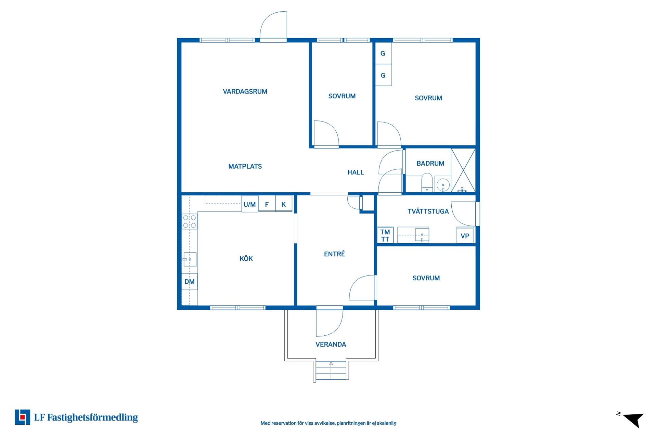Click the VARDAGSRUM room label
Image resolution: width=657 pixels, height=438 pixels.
[245, 91]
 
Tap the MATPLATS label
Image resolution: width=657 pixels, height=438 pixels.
[245, 166]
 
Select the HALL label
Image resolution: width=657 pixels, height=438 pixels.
[356, 172]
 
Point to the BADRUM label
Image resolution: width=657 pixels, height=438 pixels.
[430, 163]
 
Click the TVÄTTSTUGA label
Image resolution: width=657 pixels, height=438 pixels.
[428, 211]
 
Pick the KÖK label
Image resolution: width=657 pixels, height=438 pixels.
[246, 258]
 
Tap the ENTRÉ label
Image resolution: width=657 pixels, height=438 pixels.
[334, 254]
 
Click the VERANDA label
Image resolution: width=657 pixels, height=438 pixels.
[331, 344]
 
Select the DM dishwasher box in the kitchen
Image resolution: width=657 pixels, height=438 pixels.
[189, 282]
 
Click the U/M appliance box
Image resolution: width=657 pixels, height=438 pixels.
[250, 204]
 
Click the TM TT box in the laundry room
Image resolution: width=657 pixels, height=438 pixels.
[385, 235]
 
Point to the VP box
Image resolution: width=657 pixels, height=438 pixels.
[465, 235]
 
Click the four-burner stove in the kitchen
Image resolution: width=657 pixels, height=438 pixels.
[189, 221]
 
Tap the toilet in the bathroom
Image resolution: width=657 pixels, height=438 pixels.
[427, 183]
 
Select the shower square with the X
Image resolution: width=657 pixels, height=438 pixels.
[463, 170]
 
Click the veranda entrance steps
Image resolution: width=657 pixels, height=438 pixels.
[331, 370]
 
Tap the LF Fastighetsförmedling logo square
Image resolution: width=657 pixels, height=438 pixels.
[22, 417]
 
